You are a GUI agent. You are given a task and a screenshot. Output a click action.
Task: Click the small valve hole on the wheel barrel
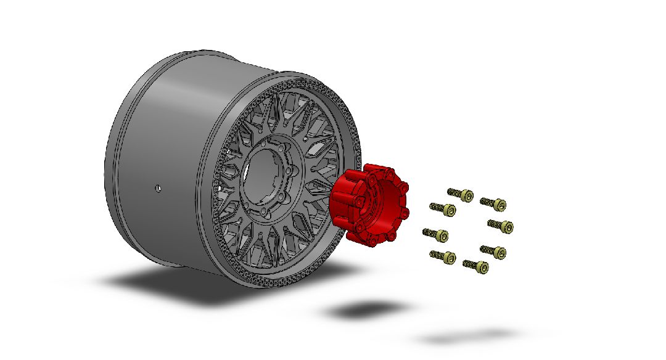coord(158,187)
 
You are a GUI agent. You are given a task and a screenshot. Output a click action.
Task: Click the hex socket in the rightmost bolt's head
coord(508,227)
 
